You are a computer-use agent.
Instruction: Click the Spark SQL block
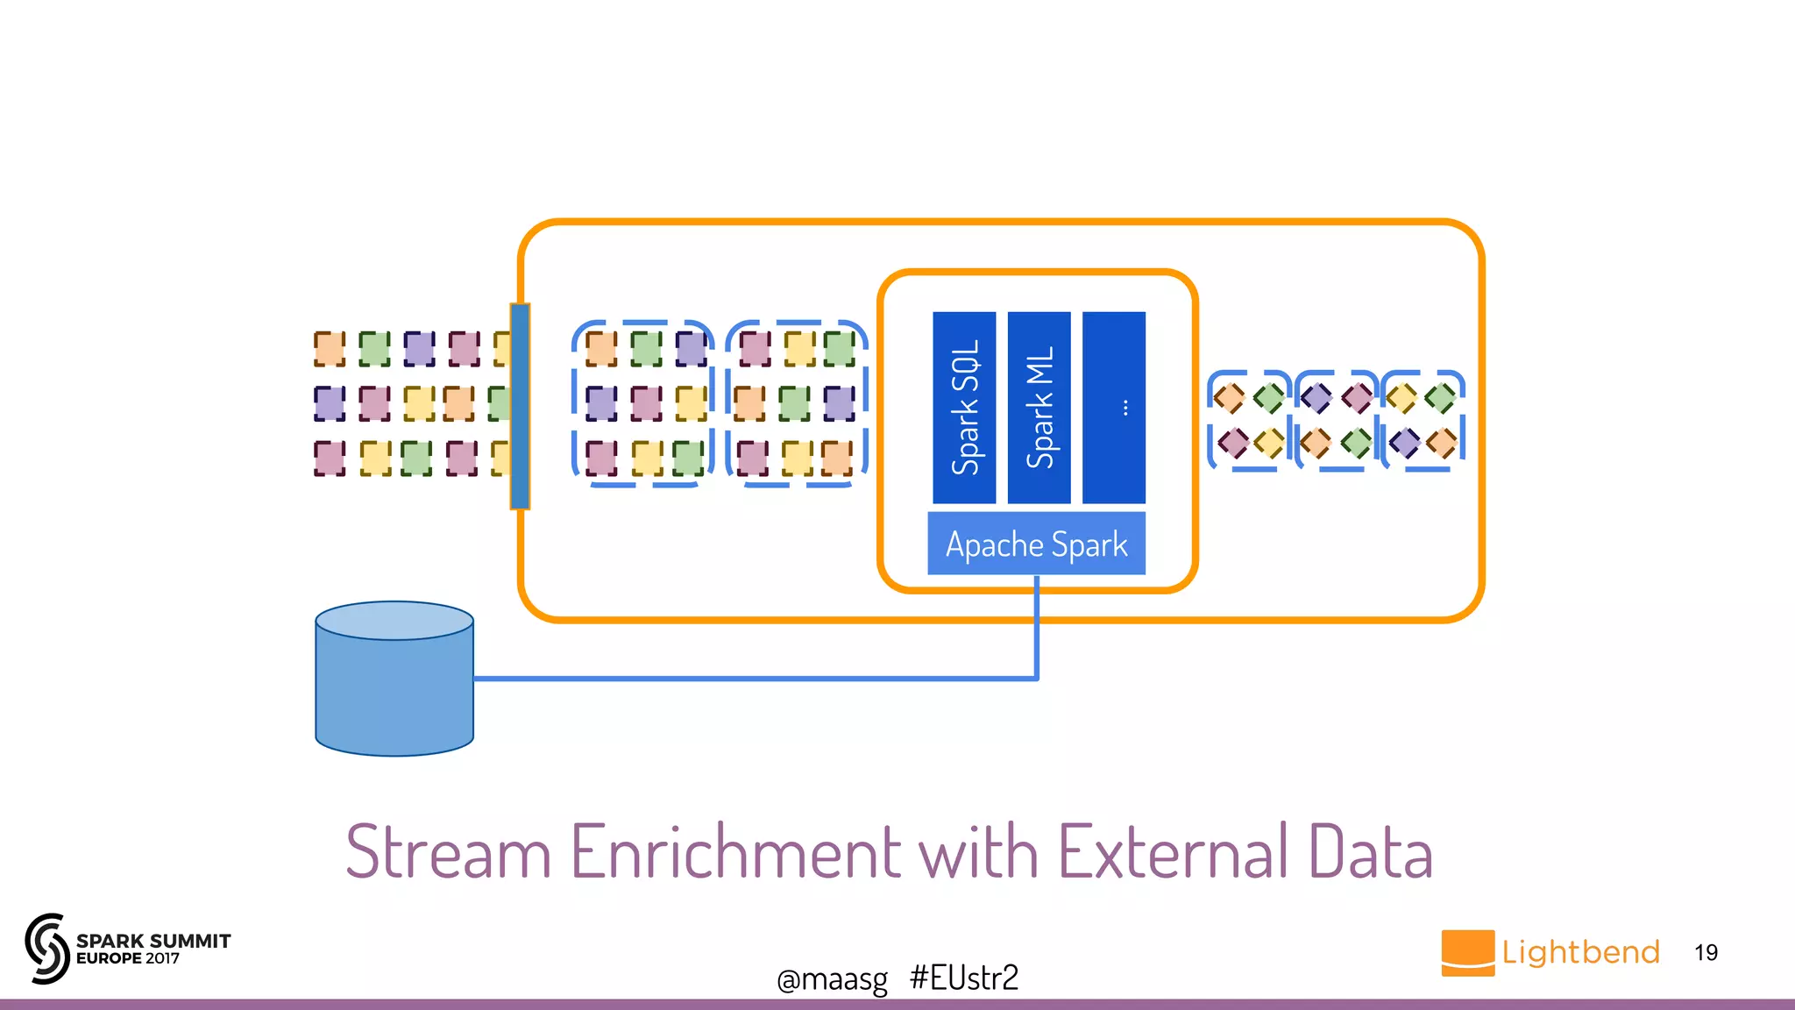pos(964,408)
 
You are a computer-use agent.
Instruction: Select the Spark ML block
pos(1039,408)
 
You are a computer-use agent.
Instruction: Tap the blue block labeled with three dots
pos(1114,408)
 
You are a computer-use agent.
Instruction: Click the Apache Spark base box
pos(1036,544)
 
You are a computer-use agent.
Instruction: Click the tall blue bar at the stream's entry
pos(520,406)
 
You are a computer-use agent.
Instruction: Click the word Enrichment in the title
pos(736,851)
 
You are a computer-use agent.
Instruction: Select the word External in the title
pos(1174,851)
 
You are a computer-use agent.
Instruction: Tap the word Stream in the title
pos(448,851)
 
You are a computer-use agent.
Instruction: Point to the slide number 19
pos(1706,953)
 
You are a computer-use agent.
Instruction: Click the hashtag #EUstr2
pos(964,978)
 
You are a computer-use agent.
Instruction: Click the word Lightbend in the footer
pos(1580,952)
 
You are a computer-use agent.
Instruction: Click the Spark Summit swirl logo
pos(47,948)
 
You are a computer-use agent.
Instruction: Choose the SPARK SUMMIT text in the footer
pos(153,941)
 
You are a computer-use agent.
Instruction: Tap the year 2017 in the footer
pos(162,959)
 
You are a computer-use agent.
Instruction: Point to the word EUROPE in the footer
pos(109,959)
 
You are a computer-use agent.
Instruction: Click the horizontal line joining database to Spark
pos(754,679)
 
